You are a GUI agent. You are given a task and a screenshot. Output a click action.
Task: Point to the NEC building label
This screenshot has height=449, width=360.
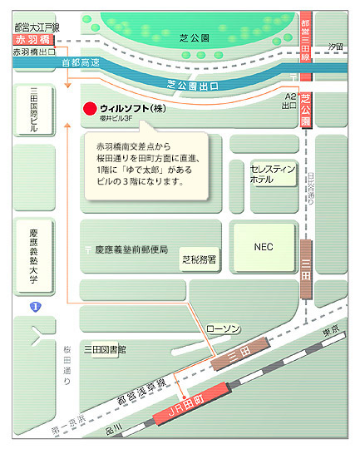[264, 246]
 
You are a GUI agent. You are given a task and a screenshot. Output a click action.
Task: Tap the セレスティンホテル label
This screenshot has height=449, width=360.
[274, 174]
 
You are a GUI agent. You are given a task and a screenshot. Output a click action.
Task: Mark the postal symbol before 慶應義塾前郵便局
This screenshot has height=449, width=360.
[88, 249]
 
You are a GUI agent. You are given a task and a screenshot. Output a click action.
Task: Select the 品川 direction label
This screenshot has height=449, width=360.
[117, 427]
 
